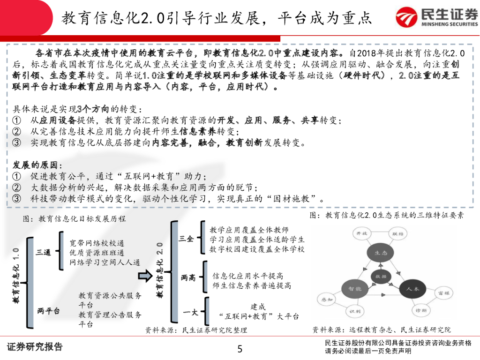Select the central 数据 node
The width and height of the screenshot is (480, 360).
pyautogui.click(x=380, y=277)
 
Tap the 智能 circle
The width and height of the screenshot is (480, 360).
pyautogui.click(x=353, y=291)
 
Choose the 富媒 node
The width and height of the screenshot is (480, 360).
pyautogui.click(x=443, y=293)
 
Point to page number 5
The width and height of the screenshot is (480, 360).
pyautogui.click(x=240, y=349)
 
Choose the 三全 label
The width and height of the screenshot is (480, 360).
pyautogui.click(x=186, y=239)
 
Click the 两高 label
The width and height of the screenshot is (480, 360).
pyautogui.click(x=188, y=278)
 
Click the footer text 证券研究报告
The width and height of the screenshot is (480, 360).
pyautogui.click(x=35, y=347)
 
